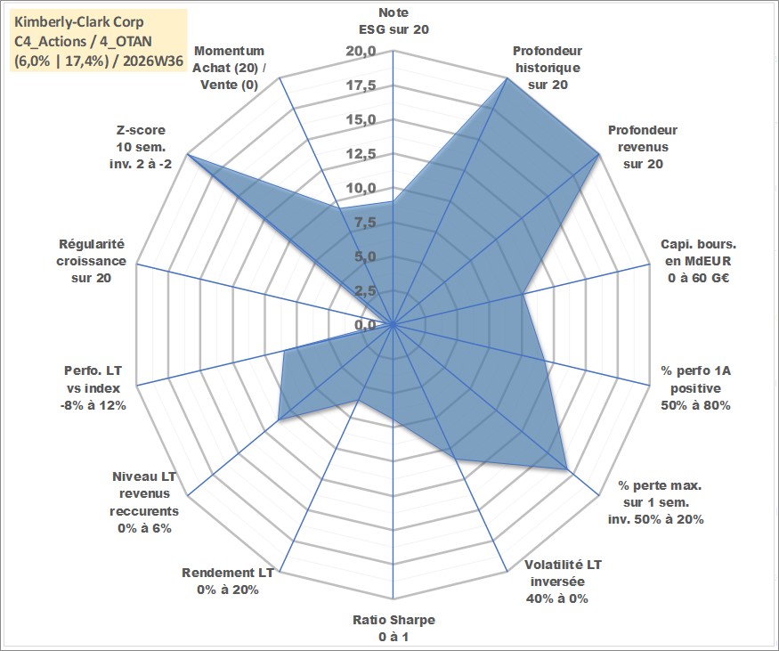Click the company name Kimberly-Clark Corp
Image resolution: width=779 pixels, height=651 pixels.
(x=79, y=22)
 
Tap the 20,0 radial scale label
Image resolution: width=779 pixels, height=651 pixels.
(x=361, y=51)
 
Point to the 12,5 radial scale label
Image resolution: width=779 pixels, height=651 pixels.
(x=361, y=154)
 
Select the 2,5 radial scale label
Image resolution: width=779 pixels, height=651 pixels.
(x=365, y=290)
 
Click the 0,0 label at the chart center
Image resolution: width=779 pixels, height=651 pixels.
(x=365, y=325)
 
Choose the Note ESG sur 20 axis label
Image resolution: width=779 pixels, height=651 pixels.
(x=394, y=20)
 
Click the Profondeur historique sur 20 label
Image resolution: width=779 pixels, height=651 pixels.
(x=548, y=68)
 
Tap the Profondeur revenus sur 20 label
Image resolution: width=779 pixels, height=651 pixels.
(x=643, y=147)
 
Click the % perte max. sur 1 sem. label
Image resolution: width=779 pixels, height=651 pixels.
(x=656, y=502)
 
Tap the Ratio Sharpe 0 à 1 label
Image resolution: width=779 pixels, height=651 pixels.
(x=394, y=628)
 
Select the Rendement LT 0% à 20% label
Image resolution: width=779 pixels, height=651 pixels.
(x=228, y=581)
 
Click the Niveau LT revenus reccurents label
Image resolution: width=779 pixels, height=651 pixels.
(x=144, y=502)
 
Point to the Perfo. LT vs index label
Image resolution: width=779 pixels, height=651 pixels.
(x=93, y=388)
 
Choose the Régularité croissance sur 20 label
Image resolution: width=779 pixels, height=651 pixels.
(x=92, y=261)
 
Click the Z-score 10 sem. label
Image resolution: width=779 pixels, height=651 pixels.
(x=141, y=147)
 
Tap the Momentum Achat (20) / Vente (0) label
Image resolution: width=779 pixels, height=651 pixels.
(x=229, y=68)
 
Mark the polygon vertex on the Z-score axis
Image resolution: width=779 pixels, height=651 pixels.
(x=187, y=155)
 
